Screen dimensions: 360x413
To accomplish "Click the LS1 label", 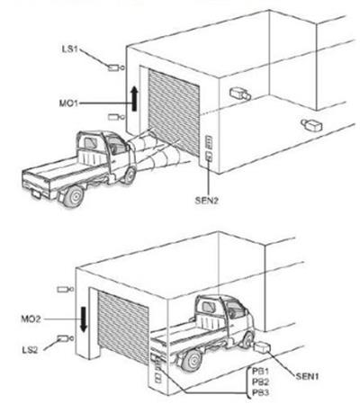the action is (69, 49).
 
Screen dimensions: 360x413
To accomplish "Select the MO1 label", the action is (68, 103).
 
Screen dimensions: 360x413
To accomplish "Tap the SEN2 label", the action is (207, 201).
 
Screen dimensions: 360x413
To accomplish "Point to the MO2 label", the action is (31, 319).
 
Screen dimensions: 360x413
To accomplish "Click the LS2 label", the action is (30, 350).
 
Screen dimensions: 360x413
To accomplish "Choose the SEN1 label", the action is (307, 376).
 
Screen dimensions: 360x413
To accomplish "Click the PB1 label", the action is (260, 372).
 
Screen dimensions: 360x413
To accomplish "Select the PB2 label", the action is (260, 382).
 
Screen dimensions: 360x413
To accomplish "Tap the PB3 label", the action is (260, 392).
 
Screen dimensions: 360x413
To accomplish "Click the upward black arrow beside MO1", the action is (135, 98).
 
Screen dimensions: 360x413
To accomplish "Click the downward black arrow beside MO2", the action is (84, 319).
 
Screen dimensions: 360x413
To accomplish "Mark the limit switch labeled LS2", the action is (65, 338).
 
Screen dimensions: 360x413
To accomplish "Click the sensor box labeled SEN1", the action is (262, 347).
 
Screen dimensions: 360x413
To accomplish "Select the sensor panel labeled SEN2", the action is (209, 156).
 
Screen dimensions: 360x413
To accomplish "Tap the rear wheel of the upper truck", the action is (74, 196).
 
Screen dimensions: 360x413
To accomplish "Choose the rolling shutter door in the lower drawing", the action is (123, 327).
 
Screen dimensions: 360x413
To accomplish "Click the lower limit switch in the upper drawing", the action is (116, 117).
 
